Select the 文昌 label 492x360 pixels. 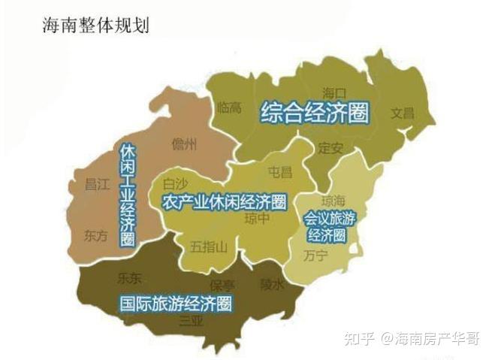pyautogui.click(x=402, y=113)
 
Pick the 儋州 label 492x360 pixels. pyautogui.click(x=184, y=144)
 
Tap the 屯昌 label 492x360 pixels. pyautogui.click(x=280, y=173)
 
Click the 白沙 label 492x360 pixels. pyautogui.click(x=175, y=183)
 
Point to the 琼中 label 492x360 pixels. pyautogui.click(x=257, y=219)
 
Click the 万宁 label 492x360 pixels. pyautogui.click(x=316, y=256)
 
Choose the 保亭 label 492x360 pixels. pyautogui.click(x=222, y=286)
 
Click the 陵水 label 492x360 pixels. pyautogui.click(x=271, y=284)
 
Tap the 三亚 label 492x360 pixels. pyautogui.click(x=191, y=321)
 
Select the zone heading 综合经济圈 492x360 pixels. pyautogui.click(x=315, y=113)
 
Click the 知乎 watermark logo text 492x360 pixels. pyautogui.click(x=355, y=338)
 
